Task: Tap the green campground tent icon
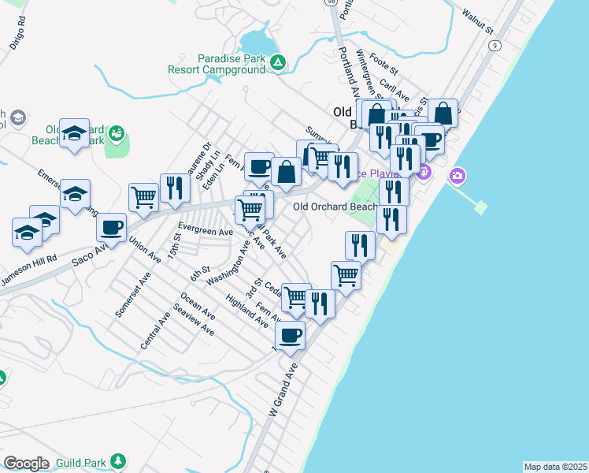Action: coord(277,61)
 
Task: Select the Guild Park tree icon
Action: coord(118,460)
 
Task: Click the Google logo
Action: coord(26,464)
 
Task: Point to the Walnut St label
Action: coord(477,23)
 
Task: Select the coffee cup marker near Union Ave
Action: coord(111,228)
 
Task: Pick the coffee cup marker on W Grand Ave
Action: coord(290,336)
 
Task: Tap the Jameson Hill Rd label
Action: coord(28,265)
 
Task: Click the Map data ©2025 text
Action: coord(554,467)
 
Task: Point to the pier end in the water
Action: coord(480,208)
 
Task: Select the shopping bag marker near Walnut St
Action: coord(443,114)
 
